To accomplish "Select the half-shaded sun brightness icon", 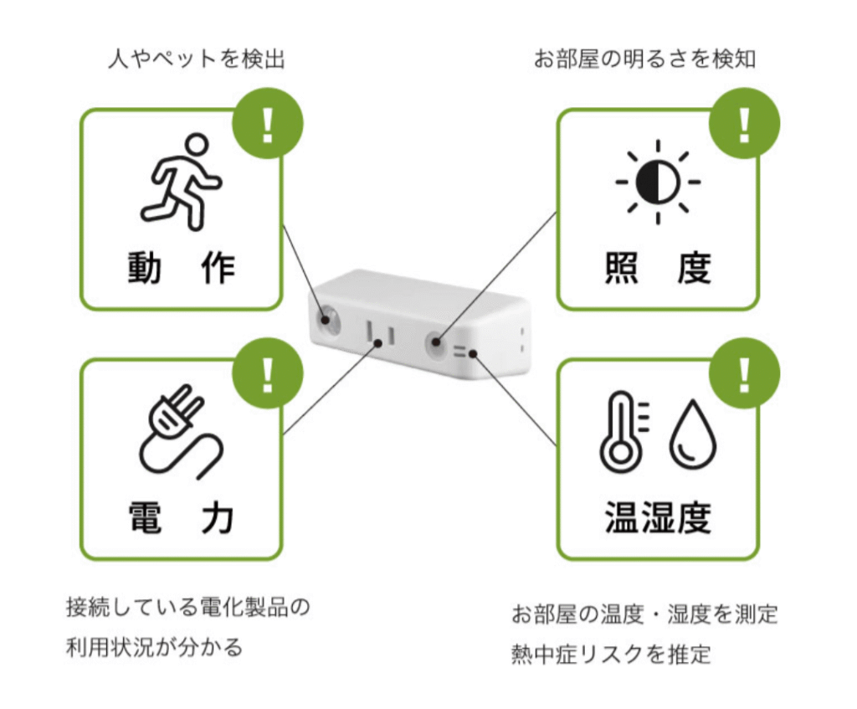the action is click(658, 182).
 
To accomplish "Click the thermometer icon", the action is click(623, 431).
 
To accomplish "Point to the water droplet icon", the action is click(692, 435).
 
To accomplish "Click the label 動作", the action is click(182, 268).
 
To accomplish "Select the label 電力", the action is click(182, 517).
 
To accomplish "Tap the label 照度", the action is click(658, 268).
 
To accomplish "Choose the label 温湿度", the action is click(658, 517).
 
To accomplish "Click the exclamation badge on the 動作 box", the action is click(268, 124).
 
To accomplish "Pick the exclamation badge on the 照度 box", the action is click(744, 124).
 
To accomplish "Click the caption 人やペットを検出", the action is click(197, 59).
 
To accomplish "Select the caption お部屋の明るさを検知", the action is click(645, 59).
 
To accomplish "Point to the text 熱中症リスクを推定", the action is click(611, 654).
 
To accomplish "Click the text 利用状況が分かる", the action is click(154, 647).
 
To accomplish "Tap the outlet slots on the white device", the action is click(381, 333).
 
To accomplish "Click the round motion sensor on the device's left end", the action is click(326, 319).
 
